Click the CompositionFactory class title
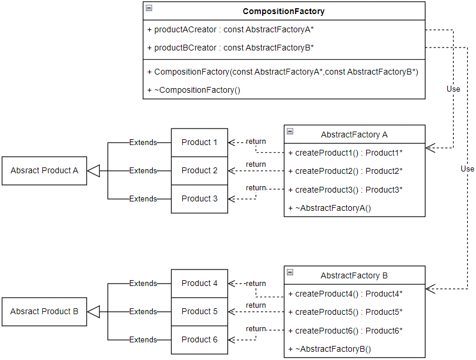pyautogui.click(x=283, y=11)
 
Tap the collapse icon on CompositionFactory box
pyautogui.click(x=149, y=8)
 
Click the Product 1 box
pyautogui.click(x=199, y=142)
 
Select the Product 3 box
pyautogui.click(x=199, y=198)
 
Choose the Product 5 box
pyautogui.click(x=199, y=311)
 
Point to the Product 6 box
pyautogui.click(x=199, y=339)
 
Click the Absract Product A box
pyautogui.click(x=44, y=170)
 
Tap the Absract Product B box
pyautogui.click(x=44, y=311)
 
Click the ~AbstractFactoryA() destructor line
pyautogui.click(x=333, y=208)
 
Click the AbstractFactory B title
pyautogui.click(x=354, y=275)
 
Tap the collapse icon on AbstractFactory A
pyautogui.click(x=290, y=132)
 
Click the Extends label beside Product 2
pyautogui.click(x=143, y=171)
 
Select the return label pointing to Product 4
pyautogui.click(x=256, y=284)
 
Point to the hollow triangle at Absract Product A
pyautogui.click(x=94, y=171)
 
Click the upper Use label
pyautogui.click(x=453, y=89)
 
